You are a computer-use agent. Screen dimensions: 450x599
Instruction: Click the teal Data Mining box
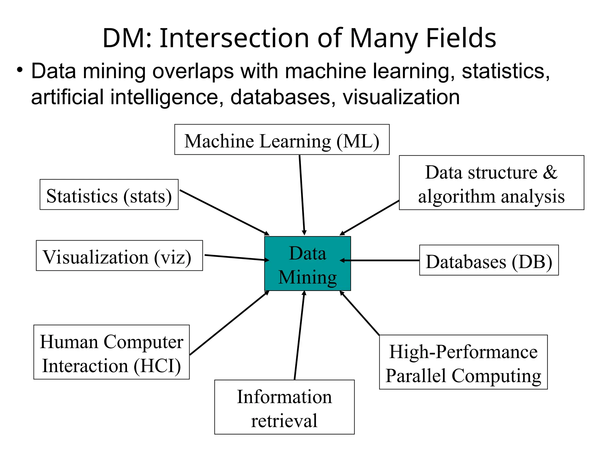click(x=307, y=263)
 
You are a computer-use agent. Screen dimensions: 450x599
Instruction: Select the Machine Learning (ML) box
click(x=282, y=140)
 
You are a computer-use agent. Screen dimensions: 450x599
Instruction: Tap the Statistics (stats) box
click(x=109, y=195)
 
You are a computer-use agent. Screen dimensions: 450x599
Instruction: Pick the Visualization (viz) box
click(x=119, y=255)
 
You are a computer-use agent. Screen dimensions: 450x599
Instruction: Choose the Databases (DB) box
click(x=489, y=260)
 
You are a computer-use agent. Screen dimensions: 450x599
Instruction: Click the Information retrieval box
click(x=284, y=407)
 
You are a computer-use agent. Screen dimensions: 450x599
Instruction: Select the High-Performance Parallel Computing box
click(x=463, y=362)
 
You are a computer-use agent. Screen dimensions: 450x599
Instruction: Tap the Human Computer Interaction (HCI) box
click(x=111, y=352)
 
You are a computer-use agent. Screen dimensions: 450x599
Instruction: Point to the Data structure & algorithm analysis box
click(x=491, y=183)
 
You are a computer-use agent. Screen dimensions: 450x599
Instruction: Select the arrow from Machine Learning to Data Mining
click(x=302, y=195)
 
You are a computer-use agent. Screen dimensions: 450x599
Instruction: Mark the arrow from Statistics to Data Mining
click(x=224, y=212)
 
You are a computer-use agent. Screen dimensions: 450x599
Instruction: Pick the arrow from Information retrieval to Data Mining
click(x=299, y=335)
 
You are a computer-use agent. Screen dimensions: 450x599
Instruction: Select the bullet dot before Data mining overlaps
click(x=20, y=70)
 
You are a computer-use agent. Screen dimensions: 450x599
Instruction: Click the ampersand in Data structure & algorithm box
click(x=550, y=172)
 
